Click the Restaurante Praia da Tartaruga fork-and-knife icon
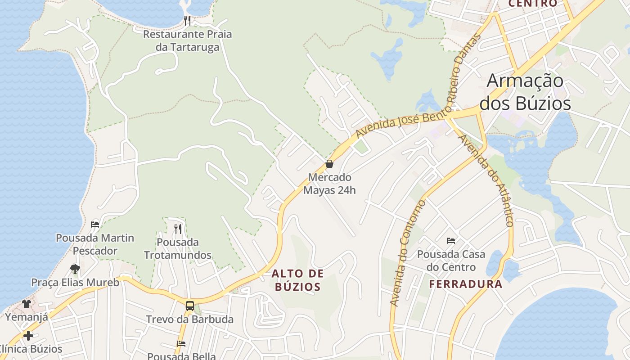pyautogui.click(x=187, y=20)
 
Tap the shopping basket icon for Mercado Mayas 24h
pyautogui.click(x=329, y=164)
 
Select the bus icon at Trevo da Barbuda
pyautogui.click(x=190, y=306)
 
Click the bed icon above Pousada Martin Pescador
pyautogui.click(x=95, y=224)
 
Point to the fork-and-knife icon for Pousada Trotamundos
pyautogui.click(x=178, y=229)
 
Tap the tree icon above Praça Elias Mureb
pyautogui.click(x=75, y=269)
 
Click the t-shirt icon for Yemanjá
pyautogui.click(x=27, y=304)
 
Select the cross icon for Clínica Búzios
pyautogui.click(x=28, y=336)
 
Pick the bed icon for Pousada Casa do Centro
pyautogui.click(x=451, y=241)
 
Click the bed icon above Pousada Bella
pyautogui.click(x=181, y=344)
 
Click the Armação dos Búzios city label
pyautogui.click(x=525, y=92)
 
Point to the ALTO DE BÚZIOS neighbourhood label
pyautogui.click(x=297, y=280)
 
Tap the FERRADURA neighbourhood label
pyautogui.click(x=465, y=284)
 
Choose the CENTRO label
pyautogui.click(x=533, y=4)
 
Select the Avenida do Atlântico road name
pyautogui.click(x=486, y=180)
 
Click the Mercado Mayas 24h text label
pyautogui.click(x=329, y=184)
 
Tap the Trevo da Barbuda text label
pyautogui.click(x=189, y=319)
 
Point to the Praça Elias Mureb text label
pyautogui.click(x=75, y=283)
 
